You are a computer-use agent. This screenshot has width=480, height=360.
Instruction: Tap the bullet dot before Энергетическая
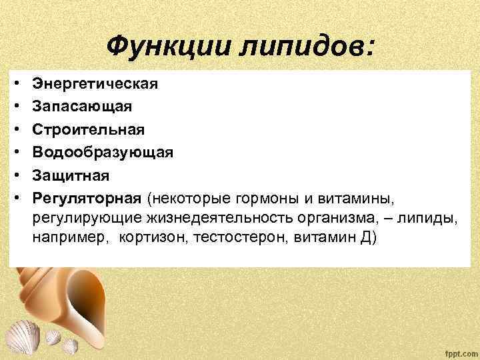[15, 85]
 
